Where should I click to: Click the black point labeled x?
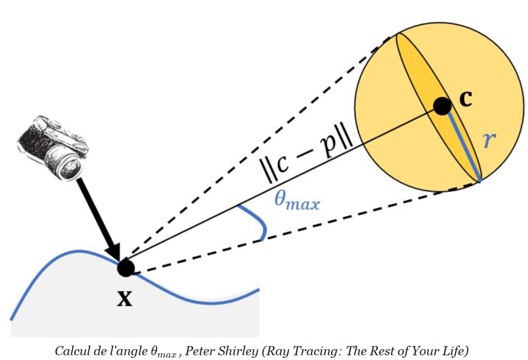point(125,267)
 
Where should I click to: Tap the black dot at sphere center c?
point(442,106)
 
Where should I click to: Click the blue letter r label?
point(488,140)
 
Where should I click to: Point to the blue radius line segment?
point(462,144)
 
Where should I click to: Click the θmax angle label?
point(296,201)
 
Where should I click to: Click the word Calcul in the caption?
point(70,350)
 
